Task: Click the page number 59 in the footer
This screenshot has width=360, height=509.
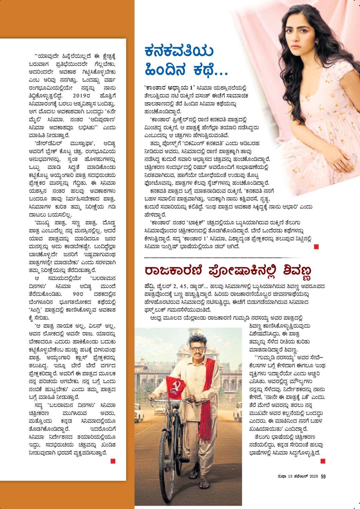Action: [323, 477]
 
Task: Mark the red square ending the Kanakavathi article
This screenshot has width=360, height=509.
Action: [316, 247]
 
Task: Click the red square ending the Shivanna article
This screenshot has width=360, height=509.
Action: [323, 461]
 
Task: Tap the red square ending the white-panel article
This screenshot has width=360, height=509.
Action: [113, 461]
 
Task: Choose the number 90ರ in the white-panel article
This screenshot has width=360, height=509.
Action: [76, 295]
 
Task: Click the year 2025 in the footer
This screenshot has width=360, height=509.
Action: [313, 477]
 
